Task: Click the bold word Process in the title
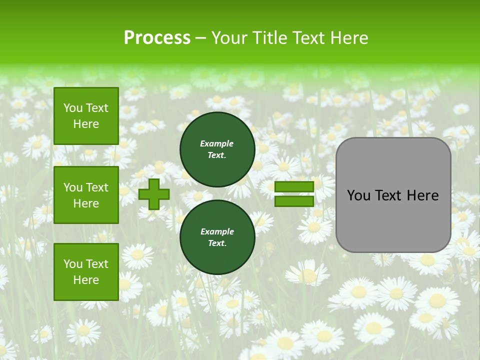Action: (157, 38)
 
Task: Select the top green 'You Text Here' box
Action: (86, 116)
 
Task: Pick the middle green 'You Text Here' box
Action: (86, 195)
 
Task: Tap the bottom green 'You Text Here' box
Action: (86, 272)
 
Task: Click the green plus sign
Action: (153, 194)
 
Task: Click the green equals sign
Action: (294, 194)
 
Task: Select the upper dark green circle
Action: (217, 149)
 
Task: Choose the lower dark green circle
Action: (217, 237)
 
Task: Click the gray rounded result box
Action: (393, 195)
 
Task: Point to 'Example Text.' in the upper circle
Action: (217, 149)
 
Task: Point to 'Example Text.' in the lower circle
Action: (217, 237)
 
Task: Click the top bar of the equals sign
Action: (294, 186)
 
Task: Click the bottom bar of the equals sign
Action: (294, 201)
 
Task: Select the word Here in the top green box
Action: (86, 124)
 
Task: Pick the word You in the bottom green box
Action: (73, 264)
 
